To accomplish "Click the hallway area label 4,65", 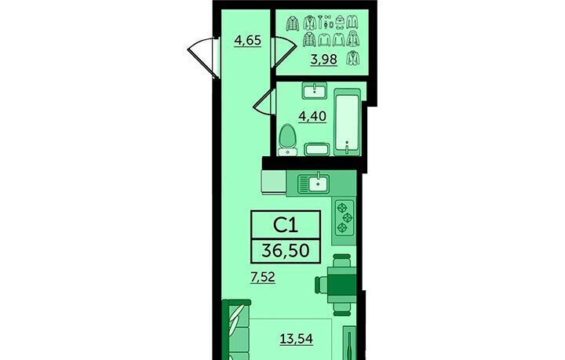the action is point(247,40).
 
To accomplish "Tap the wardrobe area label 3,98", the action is point(324,59).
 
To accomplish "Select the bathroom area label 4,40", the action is point(312,116).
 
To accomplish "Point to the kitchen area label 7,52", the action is point(263,277).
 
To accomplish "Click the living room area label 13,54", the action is point(297,339).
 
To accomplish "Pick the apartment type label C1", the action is point(286,225).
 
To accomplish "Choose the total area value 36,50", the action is point(286,250).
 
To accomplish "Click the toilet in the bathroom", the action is point(287,140).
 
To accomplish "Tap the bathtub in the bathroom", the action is point(347,122).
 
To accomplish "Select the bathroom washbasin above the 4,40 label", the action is point(315,90).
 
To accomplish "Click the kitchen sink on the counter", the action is point(313,184).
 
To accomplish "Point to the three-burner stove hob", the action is point(344,217).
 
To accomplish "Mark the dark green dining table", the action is point(341,285).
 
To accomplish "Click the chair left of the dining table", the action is point(320,285).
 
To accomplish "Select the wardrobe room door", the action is point(283,52).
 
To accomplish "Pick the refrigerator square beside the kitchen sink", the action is point(274,182).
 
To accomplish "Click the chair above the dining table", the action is point(341,260).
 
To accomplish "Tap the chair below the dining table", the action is point(341,309).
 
